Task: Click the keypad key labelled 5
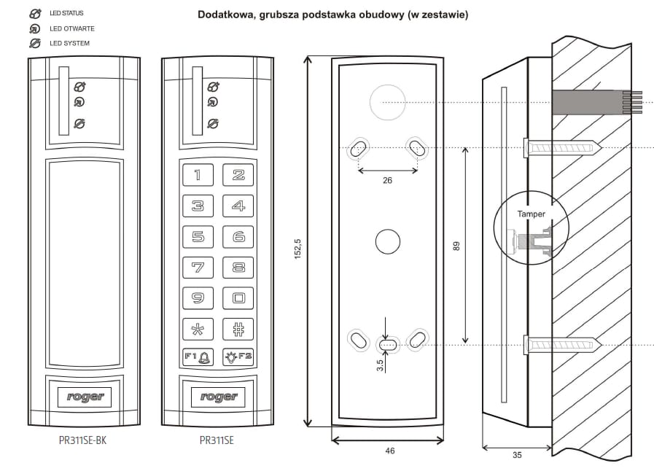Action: pyautogui.click(x=198, y=236)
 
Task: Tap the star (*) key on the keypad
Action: pyautogui.click(x=198, y=328)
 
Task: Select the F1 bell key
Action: pyautogui.click(x=198, y=357)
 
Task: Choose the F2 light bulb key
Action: pyautogui.click(x=238, y=357)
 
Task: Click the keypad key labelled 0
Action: pyautogui.click(x=238, y=297)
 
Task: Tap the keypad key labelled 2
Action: pyautogui.click(x=238, y=175)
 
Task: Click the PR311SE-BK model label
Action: pyautogui.click(x=87, y=440)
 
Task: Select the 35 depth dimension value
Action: pyautogui.click(x=517, y=456)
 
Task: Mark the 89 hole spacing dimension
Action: pyautogui.click(x=456, y=246)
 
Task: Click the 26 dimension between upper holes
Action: pyautogui.click(x=387, y=180)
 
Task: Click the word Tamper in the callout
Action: pyautogui.click(x=531, y=214)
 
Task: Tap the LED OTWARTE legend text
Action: pyautogui.click(x=71, y=29)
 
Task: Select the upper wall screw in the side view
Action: pyautogui.click(x=561, y=148)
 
